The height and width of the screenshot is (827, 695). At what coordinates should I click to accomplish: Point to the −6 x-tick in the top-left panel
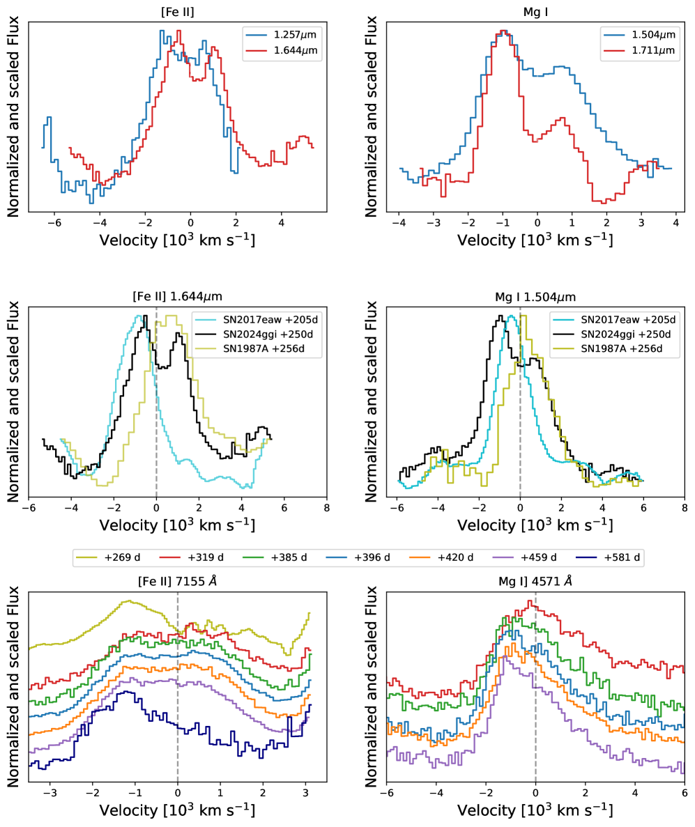coord(51,223)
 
